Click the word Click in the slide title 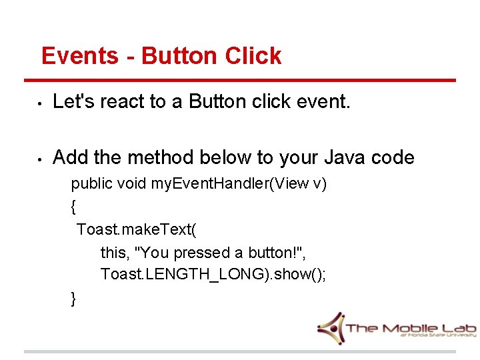(253, 56)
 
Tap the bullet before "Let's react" (40, 103)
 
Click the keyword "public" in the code (91, 184)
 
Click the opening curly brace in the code (73, 207)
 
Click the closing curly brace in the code (73, 299)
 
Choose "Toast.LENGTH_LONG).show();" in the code (213, 275)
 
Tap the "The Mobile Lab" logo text (410, 327)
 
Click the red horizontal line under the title (240, 81)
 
